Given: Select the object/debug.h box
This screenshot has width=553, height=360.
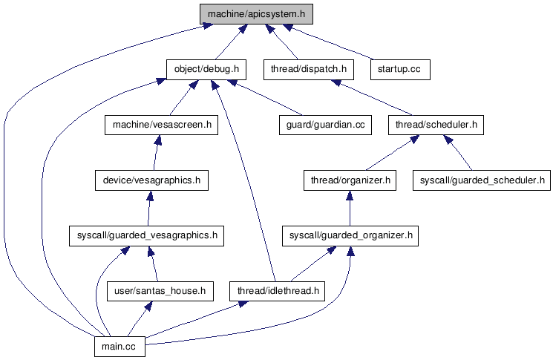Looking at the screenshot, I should [x=206, y=69].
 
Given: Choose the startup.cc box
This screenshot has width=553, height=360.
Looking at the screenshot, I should [x=399, y=69].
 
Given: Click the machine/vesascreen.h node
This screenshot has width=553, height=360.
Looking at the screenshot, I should [x=161, y=125].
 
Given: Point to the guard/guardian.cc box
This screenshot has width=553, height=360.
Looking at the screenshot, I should [x=324, y=125].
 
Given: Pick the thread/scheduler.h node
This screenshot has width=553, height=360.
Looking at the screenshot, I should [x=436, y=125].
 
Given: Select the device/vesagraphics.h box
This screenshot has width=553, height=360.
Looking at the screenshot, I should [x=151, y=180].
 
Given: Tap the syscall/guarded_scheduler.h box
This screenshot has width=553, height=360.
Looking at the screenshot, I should [x=482, y=180].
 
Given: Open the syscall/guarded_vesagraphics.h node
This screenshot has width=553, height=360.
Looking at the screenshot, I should [x=146, y=235].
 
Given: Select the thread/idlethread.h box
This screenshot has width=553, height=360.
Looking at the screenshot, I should [x=278, y=291].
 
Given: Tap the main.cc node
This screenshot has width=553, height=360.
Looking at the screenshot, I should [x=120, y=347].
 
